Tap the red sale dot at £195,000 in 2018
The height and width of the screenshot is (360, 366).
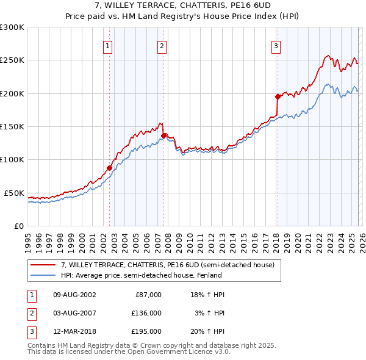(278, 96)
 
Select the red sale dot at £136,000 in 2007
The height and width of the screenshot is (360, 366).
(163, 135)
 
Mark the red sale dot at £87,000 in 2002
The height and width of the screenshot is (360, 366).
(110, 168)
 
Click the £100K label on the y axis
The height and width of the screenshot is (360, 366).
(12, 160)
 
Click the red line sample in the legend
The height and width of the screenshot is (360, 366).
(43, 265)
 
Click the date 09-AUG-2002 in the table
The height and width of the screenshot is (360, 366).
(74, 295)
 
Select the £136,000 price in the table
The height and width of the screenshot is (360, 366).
(147, 313)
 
